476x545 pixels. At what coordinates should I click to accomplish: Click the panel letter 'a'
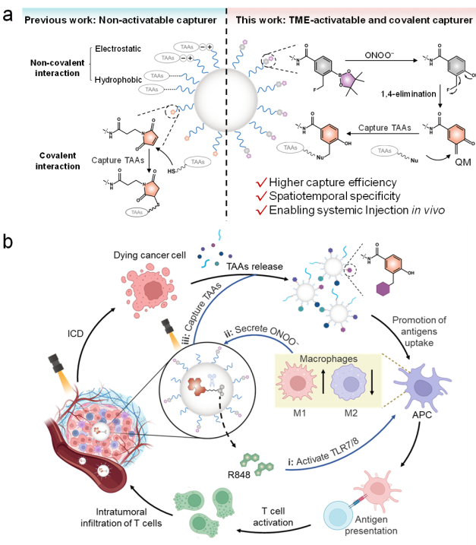coord(10,13)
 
